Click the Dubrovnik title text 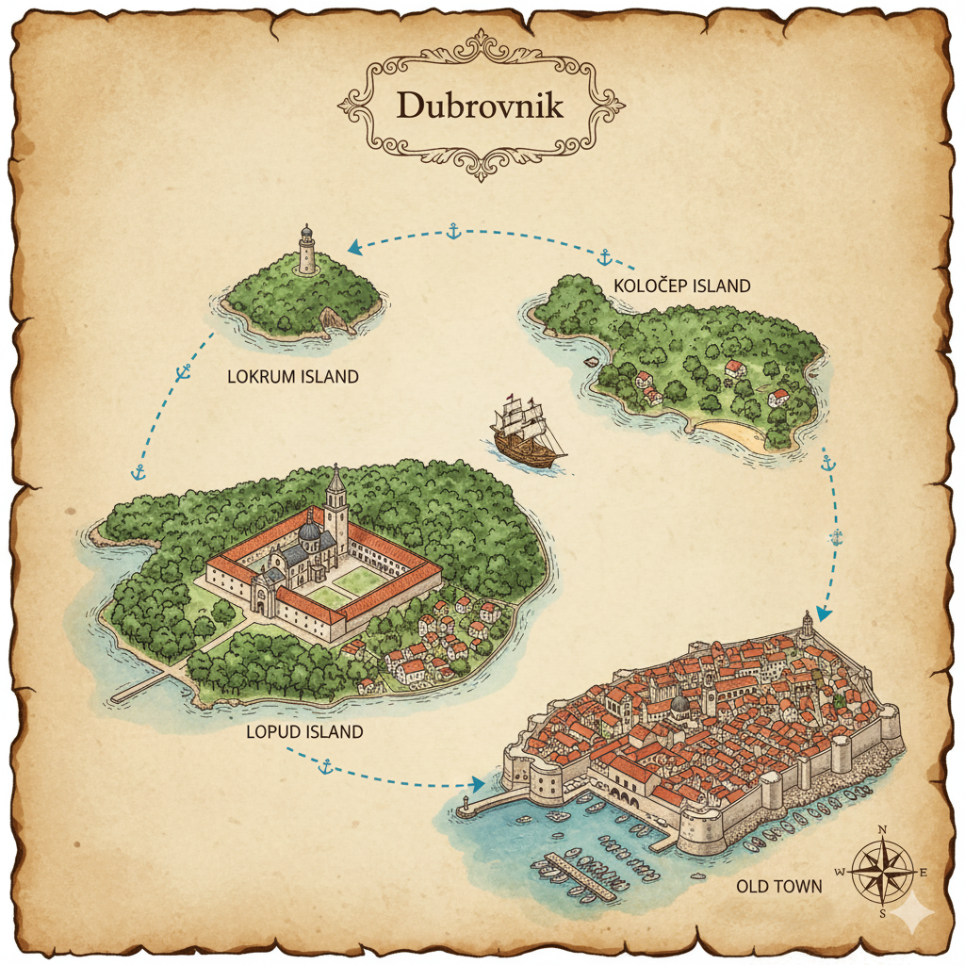[x=481, y=105]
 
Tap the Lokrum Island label [x=293, y=377]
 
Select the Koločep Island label [x=681, y=286]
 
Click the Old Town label [x=778, y=886]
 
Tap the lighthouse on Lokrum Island [x=306, y=250]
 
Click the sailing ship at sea [x=527, y=431]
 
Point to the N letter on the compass [x=882, y=830]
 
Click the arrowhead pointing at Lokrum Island [x=355, y=247]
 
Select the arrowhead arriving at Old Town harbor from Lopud [x=477, y=784]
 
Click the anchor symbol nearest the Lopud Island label [x=325, y=768]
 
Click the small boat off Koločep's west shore [x=591, y=362]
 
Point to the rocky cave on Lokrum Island [x=332, y=320]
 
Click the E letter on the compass [x=924, y=873]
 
